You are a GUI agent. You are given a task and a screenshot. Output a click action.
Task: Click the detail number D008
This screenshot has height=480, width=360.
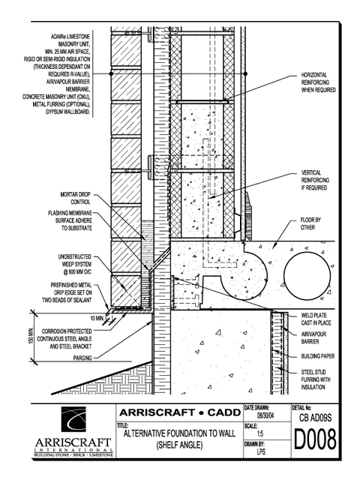tap(315, 439)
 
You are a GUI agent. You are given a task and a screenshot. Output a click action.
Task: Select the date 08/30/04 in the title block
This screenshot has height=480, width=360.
tap(265, 416)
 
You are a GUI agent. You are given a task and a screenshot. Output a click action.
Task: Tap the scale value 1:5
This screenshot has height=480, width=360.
tap(260, 433)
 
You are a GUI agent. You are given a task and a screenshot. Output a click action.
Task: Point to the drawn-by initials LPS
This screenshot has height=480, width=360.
tap(261, 451)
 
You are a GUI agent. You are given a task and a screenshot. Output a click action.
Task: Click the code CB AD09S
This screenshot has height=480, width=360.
tap(315, 418)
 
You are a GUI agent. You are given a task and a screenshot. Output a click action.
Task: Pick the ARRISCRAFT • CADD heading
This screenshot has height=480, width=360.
tap(180, 412)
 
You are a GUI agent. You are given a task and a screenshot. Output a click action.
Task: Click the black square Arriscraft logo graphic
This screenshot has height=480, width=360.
tap(73, 419)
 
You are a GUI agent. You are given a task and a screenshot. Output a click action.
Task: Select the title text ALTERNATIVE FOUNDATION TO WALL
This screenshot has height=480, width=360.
tap(180, 433)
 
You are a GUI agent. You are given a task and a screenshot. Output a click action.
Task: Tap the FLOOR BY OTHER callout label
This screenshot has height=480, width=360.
tap(310, 223)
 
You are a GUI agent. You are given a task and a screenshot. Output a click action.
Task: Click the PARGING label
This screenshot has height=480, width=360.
tap(82, 358)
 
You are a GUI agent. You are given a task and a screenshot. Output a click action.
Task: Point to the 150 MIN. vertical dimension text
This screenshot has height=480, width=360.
tap(31, 336)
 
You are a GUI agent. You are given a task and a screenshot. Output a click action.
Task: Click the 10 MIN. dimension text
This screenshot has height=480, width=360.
tap(97, 318)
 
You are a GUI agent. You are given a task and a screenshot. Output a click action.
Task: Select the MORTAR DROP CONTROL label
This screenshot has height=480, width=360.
tap(75, 198)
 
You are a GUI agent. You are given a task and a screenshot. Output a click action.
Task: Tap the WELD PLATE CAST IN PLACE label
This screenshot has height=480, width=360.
tap(316, 319)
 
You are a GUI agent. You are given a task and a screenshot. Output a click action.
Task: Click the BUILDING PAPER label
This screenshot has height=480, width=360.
tap(318, 356)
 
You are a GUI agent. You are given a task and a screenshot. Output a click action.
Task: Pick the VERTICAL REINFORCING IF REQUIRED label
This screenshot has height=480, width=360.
tap(315, 180)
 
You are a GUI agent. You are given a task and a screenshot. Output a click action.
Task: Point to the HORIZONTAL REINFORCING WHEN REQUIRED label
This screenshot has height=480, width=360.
tap(318, 82)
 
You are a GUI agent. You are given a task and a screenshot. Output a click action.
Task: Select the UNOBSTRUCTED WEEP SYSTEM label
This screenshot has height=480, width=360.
tap(75, 264)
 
